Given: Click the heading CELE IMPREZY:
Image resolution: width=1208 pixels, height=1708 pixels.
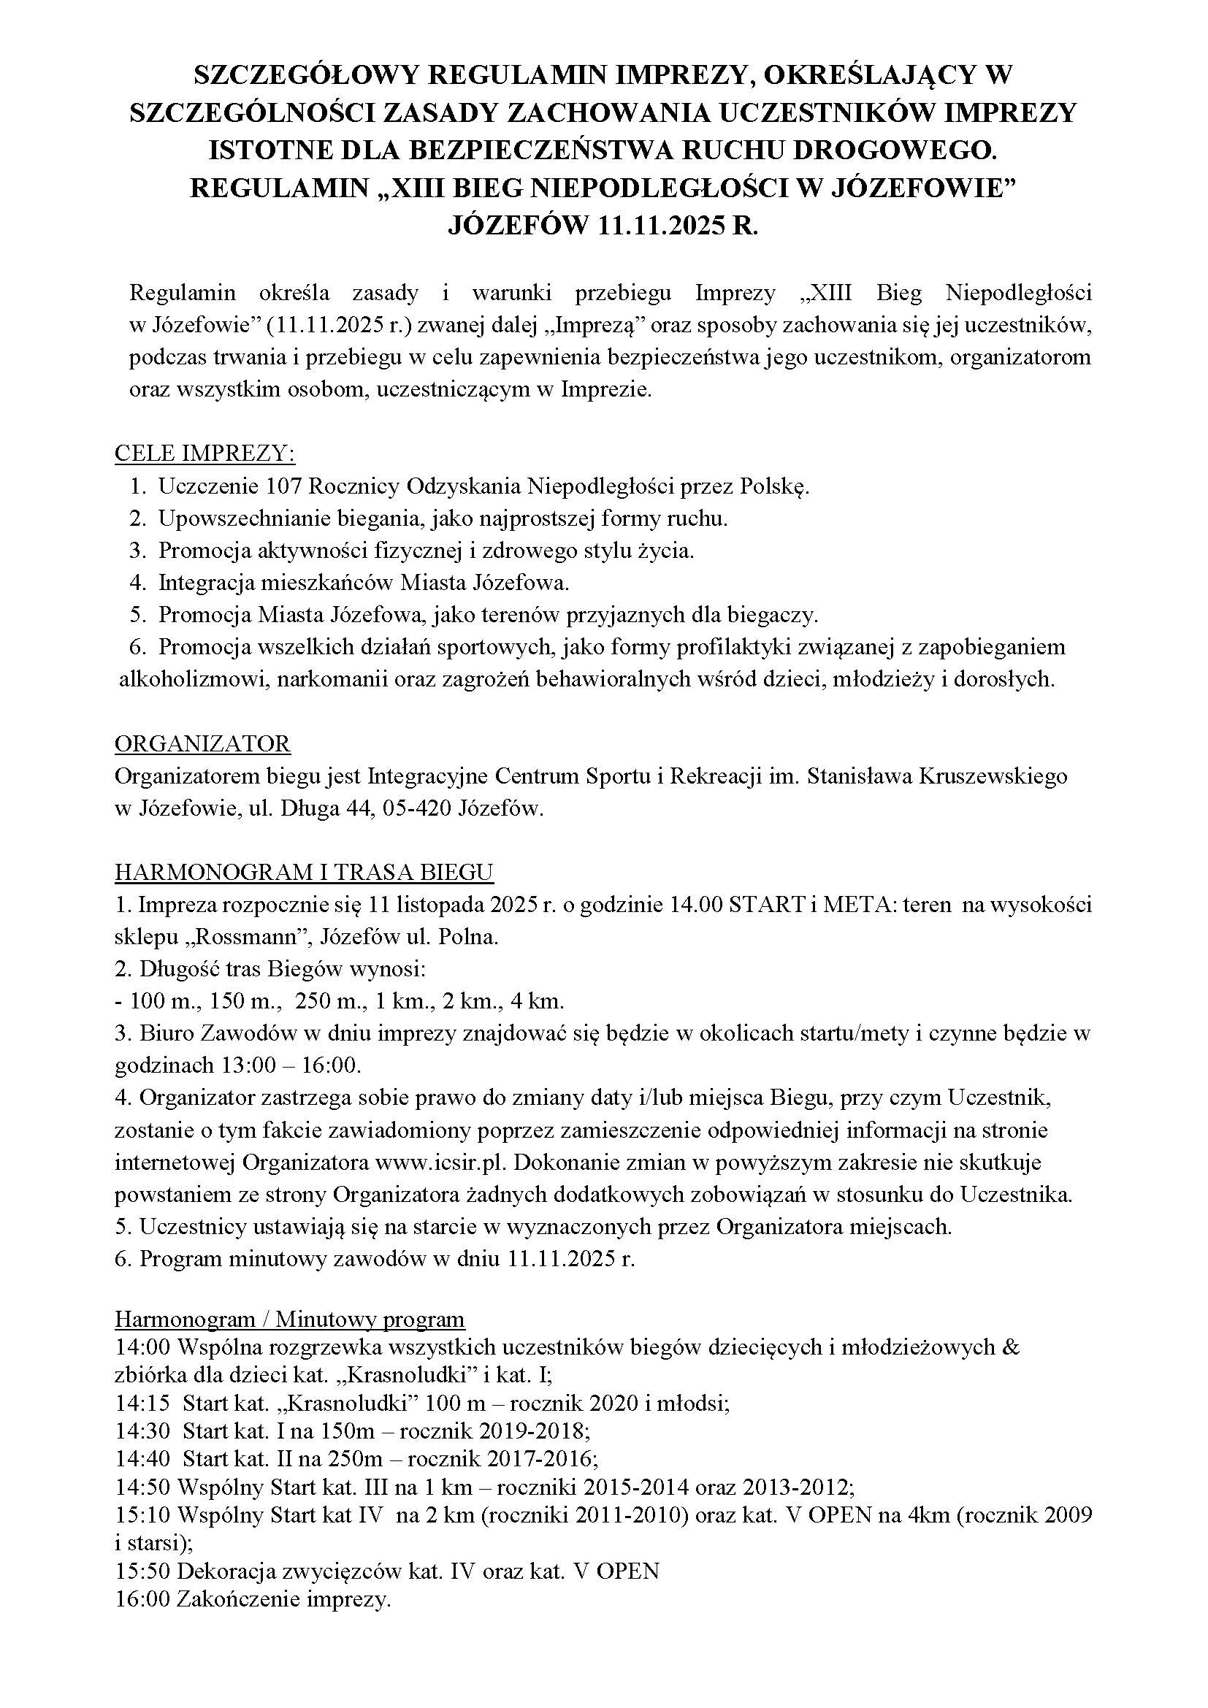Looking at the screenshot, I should (x=204, y=453).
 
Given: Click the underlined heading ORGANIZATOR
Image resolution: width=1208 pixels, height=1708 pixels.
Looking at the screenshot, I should (x=202, y=743).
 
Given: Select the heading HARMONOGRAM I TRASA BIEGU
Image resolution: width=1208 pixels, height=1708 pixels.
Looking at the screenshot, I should (x=305, y=872).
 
